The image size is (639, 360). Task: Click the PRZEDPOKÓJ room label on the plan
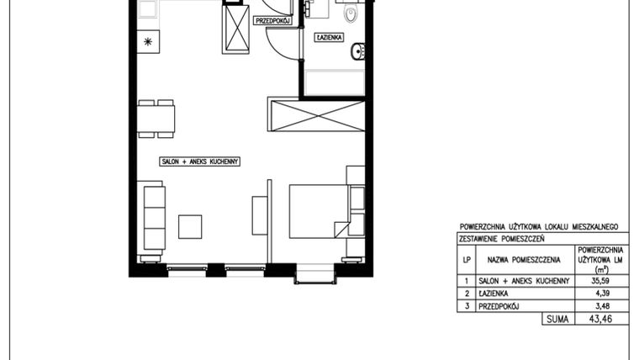click(273, 20)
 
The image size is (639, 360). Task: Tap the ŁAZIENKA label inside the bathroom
click(329, 38)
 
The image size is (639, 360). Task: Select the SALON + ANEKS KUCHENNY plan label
click(200, 161)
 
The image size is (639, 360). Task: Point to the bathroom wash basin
click(358, 51)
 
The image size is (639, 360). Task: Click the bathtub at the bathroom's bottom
click(335, 82)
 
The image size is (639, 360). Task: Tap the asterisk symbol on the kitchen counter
click(148, 41)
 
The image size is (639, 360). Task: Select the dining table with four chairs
click(156, 119)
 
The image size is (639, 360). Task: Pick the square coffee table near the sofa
click(190, 226)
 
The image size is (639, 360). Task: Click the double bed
click(319, 211)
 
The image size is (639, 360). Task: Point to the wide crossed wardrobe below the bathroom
click(316, 114)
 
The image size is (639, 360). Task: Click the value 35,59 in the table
click(599, 280)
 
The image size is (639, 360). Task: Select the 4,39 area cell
click(601, 294)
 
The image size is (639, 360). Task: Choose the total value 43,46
click(600, 319)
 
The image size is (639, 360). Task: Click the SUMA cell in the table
click(557, 319)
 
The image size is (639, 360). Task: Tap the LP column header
click(467, 260)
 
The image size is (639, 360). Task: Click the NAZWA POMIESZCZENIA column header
click(524, 260)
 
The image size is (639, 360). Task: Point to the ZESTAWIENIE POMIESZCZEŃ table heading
click(502, 239)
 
